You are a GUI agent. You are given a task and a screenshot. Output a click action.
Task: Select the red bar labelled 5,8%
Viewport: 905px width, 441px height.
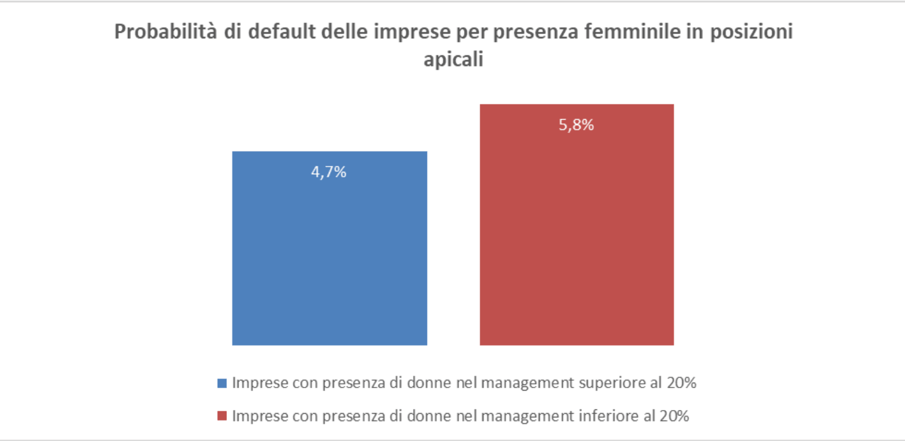point(576,243)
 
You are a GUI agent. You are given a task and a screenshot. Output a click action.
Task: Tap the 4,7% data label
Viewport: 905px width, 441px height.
point(329,172)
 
